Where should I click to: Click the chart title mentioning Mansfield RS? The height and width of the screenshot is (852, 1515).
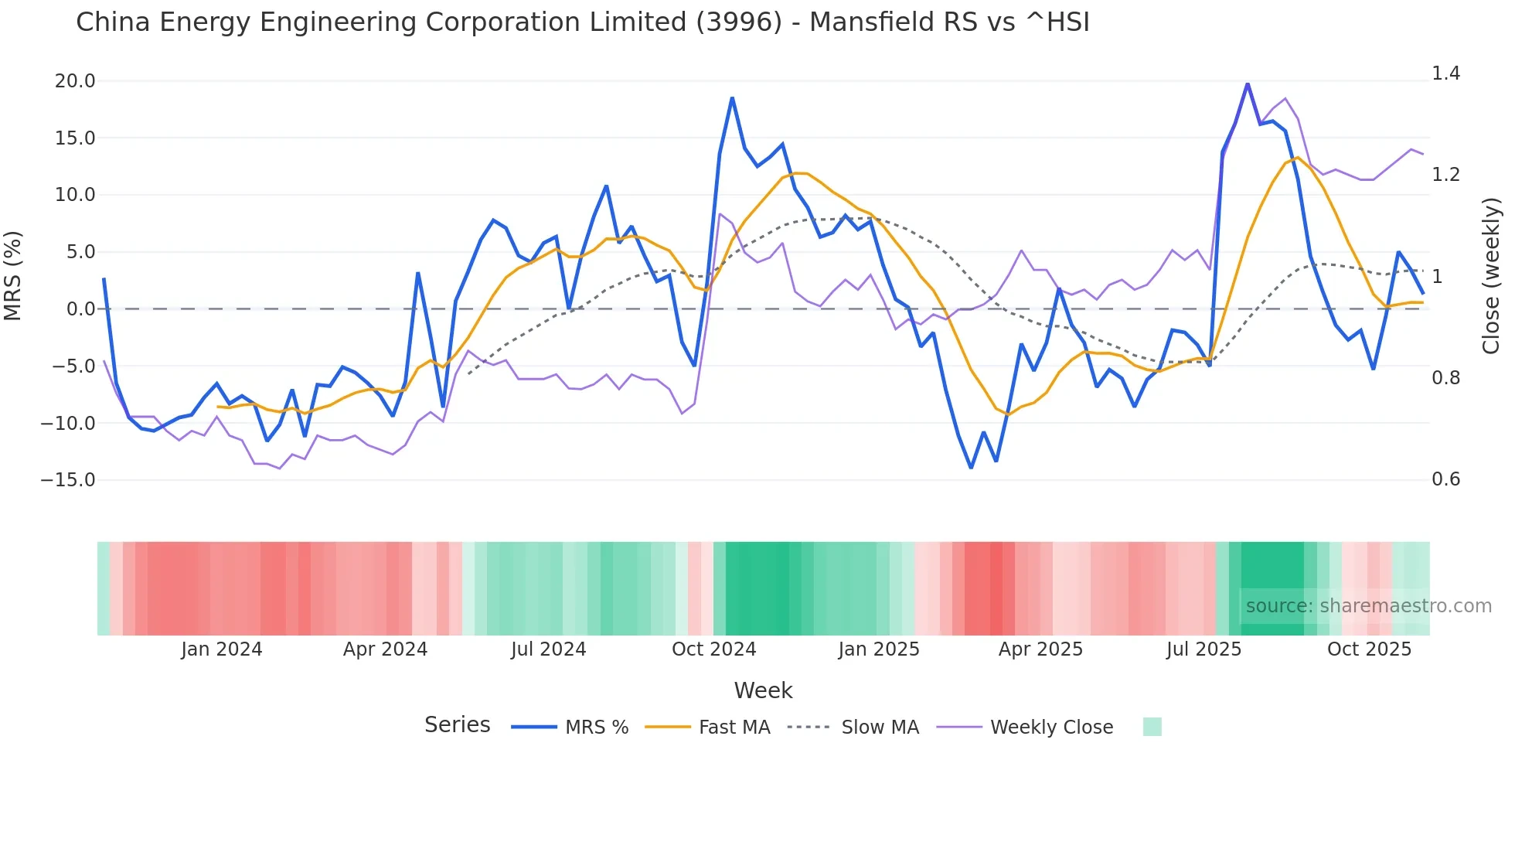582,22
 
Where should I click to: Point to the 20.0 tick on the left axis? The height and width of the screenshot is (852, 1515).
75,81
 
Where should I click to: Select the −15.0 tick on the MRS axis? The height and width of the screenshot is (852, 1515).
68,480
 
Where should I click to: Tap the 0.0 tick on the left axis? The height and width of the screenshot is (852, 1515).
80,309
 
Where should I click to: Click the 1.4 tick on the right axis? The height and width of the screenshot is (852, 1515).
1445,73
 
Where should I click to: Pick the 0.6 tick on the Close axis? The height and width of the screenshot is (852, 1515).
1445,479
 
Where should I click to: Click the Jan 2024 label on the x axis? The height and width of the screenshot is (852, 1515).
222,649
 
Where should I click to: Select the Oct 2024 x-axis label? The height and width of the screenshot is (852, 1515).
713,649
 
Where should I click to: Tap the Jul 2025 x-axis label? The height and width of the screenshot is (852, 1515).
1203,649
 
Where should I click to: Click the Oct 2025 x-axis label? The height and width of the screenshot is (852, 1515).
1369,649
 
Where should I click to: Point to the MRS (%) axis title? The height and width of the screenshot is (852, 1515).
13,276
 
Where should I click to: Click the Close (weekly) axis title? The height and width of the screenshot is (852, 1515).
1491,276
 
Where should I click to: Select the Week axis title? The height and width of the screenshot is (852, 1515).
763,690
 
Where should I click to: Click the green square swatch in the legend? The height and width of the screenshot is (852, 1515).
1152,727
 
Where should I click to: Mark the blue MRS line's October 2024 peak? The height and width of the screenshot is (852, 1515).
732,98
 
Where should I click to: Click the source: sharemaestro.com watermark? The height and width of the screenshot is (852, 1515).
1368,606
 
